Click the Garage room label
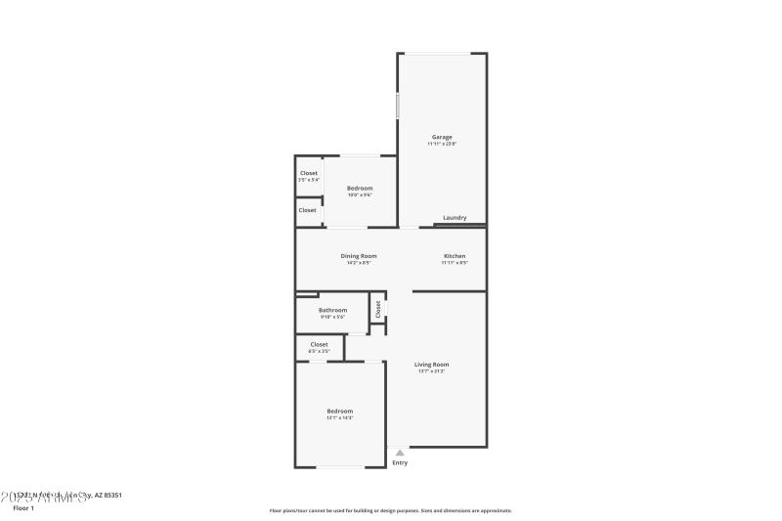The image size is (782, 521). [x=442, y=137]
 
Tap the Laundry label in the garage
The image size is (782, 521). [x=455, y=218]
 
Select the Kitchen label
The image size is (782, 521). [x=455, y=256]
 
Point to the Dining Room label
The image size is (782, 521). [x=359, y=256]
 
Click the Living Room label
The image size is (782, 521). [x=431, y=365]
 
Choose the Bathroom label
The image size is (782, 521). [x=332, y=310]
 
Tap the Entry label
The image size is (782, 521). [x=400, y=462]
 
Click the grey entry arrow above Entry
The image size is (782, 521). [x=400, y=453]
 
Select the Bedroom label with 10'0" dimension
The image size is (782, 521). [x=360, y=188]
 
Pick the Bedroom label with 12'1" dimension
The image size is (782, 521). [x=340, y=412]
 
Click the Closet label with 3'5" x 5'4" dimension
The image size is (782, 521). [x=309, y=173]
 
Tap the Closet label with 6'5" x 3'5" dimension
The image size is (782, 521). [x=319, y=344]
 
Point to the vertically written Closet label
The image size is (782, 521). [x=377, y=310]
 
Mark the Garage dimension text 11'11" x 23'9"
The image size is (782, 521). [x=442, y=144]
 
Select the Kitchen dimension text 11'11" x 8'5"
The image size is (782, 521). [x=455, y=263]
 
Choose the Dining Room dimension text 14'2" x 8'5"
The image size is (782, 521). [x=359, y=263]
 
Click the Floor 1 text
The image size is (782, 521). [x=23, y=508]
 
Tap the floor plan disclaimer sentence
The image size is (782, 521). [x=390, y=510]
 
